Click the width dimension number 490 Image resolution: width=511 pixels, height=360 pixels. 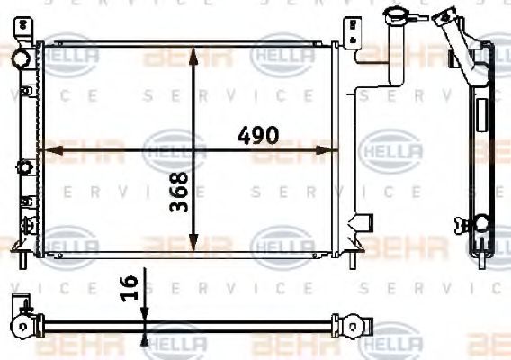(257, 137)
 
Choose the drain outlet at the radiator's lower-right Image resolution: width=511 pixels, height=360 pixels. (363, 221)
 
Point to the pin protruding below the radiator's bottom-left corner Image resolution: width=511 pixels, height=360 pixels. (26, 261)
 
